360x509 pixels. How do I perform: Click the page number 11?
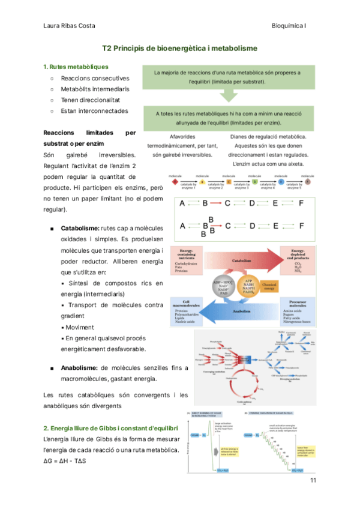click(x=313, y=481)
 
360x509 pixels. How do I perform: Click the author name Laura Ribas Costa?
click(x=70, y=26)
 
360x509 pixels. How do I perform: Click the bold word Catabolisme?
click(x=80, y=228)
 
